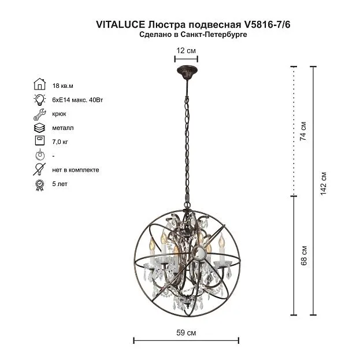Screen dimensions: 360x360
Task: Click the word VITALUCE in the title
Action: (121, 24)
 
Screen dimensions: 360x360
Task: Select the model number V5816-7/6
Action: (268, 24)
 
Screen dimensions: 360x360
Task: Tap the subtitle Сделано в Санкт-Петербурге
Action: (193, 35)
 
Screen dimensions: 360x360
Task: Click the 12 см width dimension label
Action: (186, 50)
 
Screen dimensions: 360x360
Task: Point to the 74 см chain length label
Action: (303, 131)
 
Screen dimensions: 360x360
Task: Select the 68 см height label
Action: (304, 256)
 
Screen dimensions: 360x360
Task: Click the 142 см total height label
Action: (323, 183)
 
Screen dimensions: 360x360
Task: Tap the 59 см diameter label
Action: (186, 333)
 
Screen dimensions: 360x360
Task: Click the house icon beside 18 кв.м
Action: (40, 84)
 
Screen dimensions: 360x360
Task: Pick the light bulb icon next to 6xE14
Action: (39, 99)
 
